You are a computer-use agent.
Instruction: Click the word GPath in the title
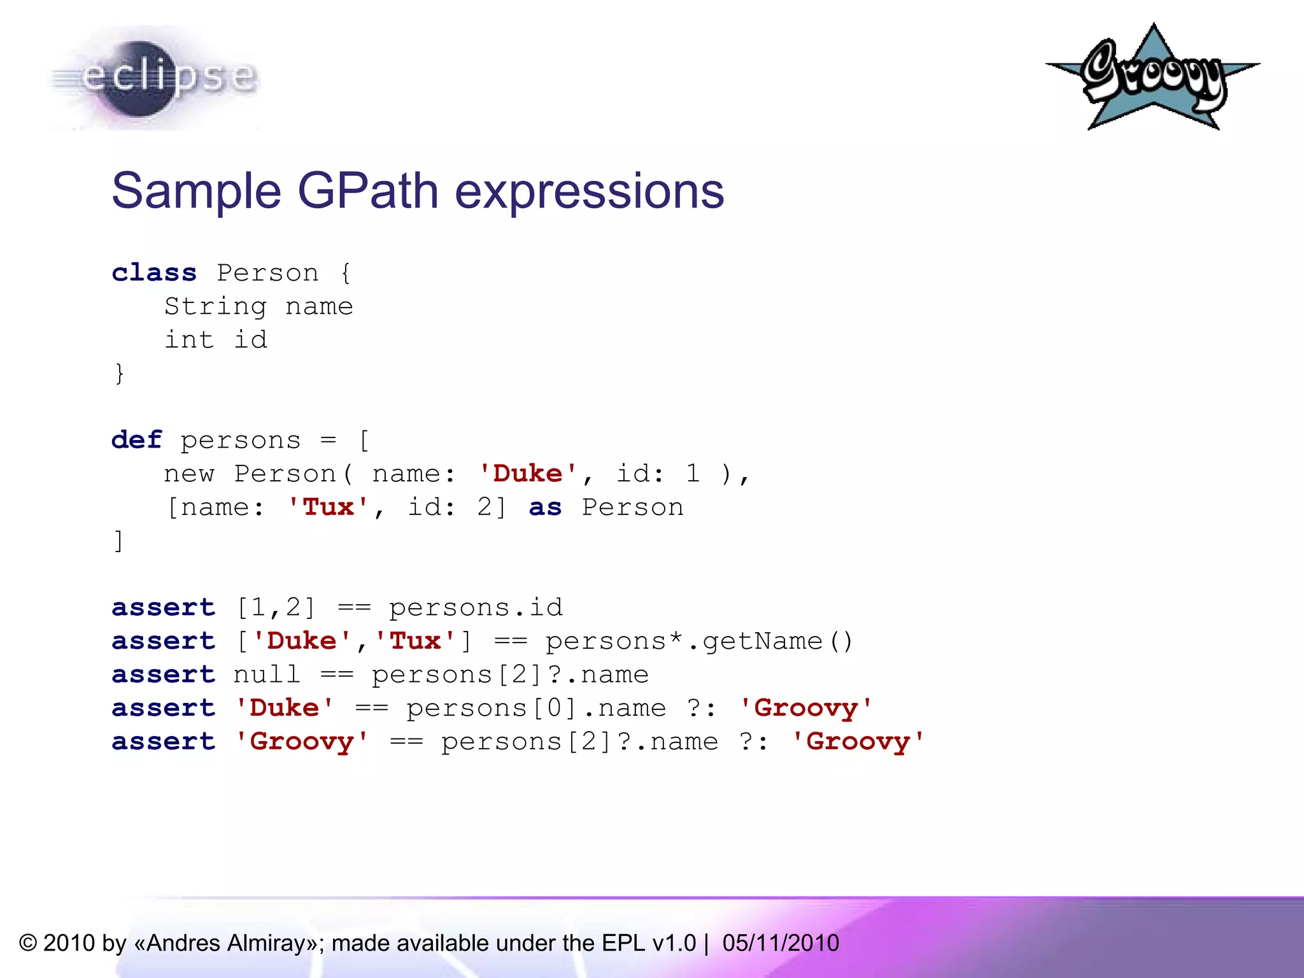coord(368,190)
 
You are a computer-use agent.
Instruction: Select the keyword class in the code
coord(153,273)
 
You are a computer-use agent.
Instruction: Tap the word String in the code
coord(215,307)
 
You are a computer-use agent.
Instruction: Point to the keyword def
coord(136,440)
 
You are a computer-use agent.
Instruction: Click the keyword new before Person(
coord(189,474)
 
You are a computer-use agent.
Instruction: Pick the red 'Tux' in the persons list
coord(328,507)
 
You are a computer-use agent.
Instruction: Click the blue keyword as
coord(545,507)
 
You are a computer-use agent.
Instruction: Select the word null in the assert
coord(266,674)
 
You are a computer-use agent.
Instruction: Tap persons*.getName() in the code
coord(698,641)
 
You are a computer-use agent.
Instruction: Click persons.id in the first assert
coord(476,607)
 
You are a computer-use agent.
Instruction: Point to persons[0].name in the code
coord(536,708)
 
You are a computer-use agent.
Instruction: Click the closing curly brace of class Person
coord(119,373)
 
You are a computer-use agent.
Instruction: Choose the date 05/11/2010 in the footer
coord(781,943)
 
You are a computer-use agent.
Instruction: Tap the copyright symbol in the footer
coord(28,943)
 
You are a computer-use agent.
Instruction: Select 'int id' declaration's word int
coord(189,340)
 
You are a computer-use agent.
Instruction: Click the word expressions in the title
coord(589,190)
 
